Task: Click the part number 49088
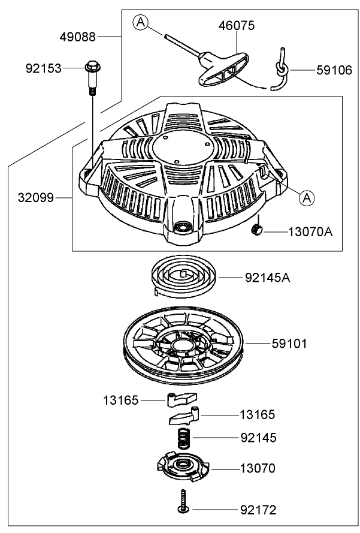tap(77, 37)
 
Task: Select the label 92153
tap(44, 68)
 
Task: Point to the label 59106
tap(334, 70)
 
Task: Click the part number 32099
tap(36, 196)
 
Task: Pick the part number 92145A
tap(268, 278)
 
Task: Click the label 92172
tap(259, 510)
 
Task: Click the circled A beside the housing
tap(307, 197)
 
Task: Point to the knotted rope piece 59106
tap(280, 69)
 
